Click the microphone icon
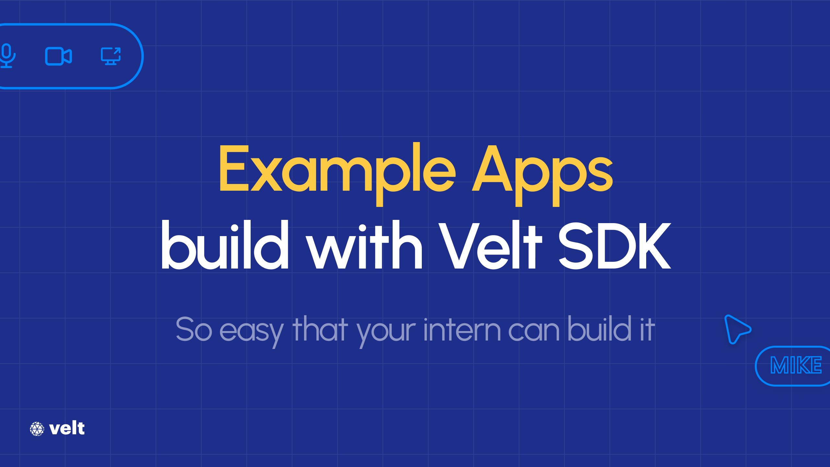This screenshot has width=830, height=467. point(6,56)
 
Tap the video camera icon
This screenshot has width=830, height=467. point(58,56)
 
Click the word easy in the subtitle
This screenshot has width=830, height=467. point(252,331)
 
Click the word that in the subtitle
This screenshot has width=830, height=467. point(320,329)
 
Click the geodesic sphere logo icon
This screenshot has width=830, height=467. point(37,429)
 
